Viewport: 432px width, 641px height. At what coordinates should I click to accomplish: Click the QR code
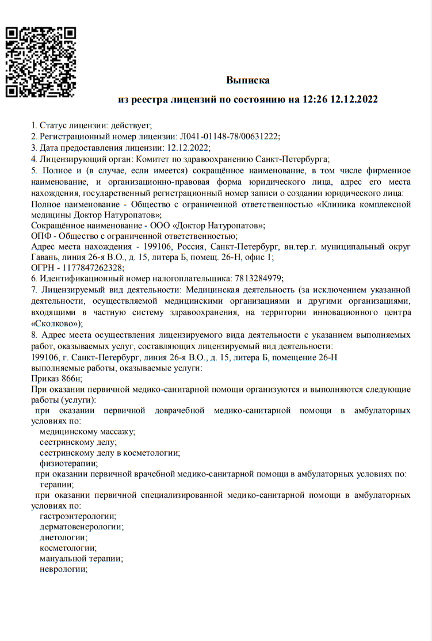pyautogui.click(x=41, y=62)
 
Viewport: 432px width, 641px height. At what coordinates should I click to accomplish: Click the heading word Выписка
pyautogui.click(x=247, y=80)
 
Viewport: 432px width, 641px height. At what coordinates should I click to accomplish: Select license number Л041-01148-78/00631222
pyautogui.click(x=230, y=136)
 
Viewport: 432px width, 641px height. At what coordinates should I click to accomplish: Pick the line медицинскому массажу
pyautogui.click(x=87, y=432)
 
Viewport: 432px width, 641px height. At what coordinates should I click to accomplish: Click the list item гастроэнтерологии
pyautogui.click(x=78, y=516)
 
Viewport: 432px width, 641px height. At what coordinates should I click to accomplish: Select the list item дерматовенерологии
pyautogui.click(x=81, y=526)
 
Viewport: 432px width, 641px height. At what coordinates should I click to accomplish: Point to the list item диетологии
pyautogui.click(x=63, y=537)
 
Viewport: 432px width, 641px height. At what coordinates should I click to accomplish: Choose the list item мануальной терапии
pyautogui.click(x=81, y=559)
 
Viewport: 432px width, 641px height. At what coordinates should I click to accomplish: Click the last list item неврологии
pyautogui.click(x=63, y=569)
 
